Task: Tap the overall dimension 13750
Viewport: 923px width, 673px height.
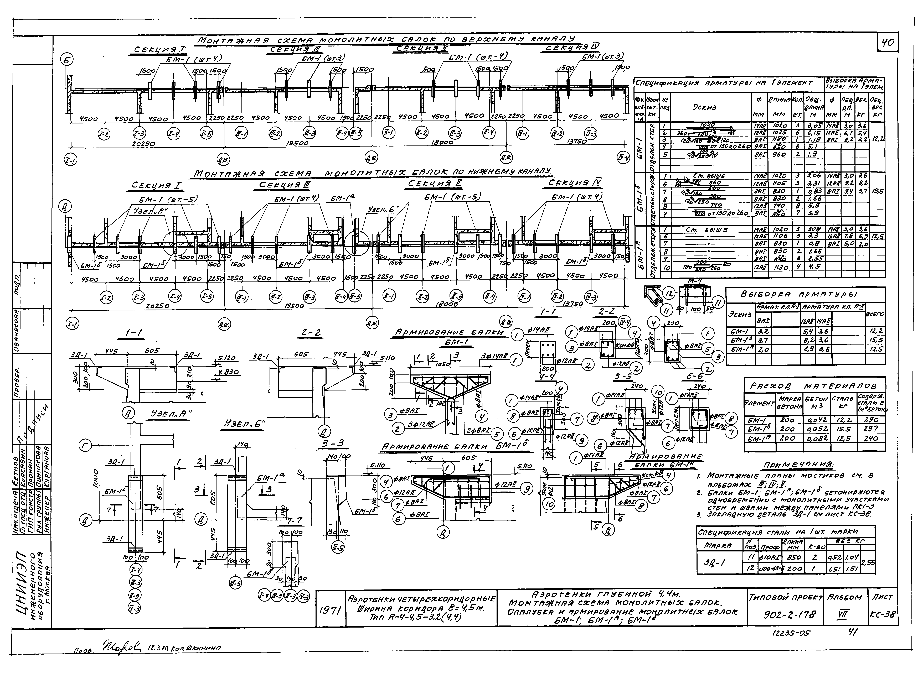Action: pyautogui.click(x=576, y=142)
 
